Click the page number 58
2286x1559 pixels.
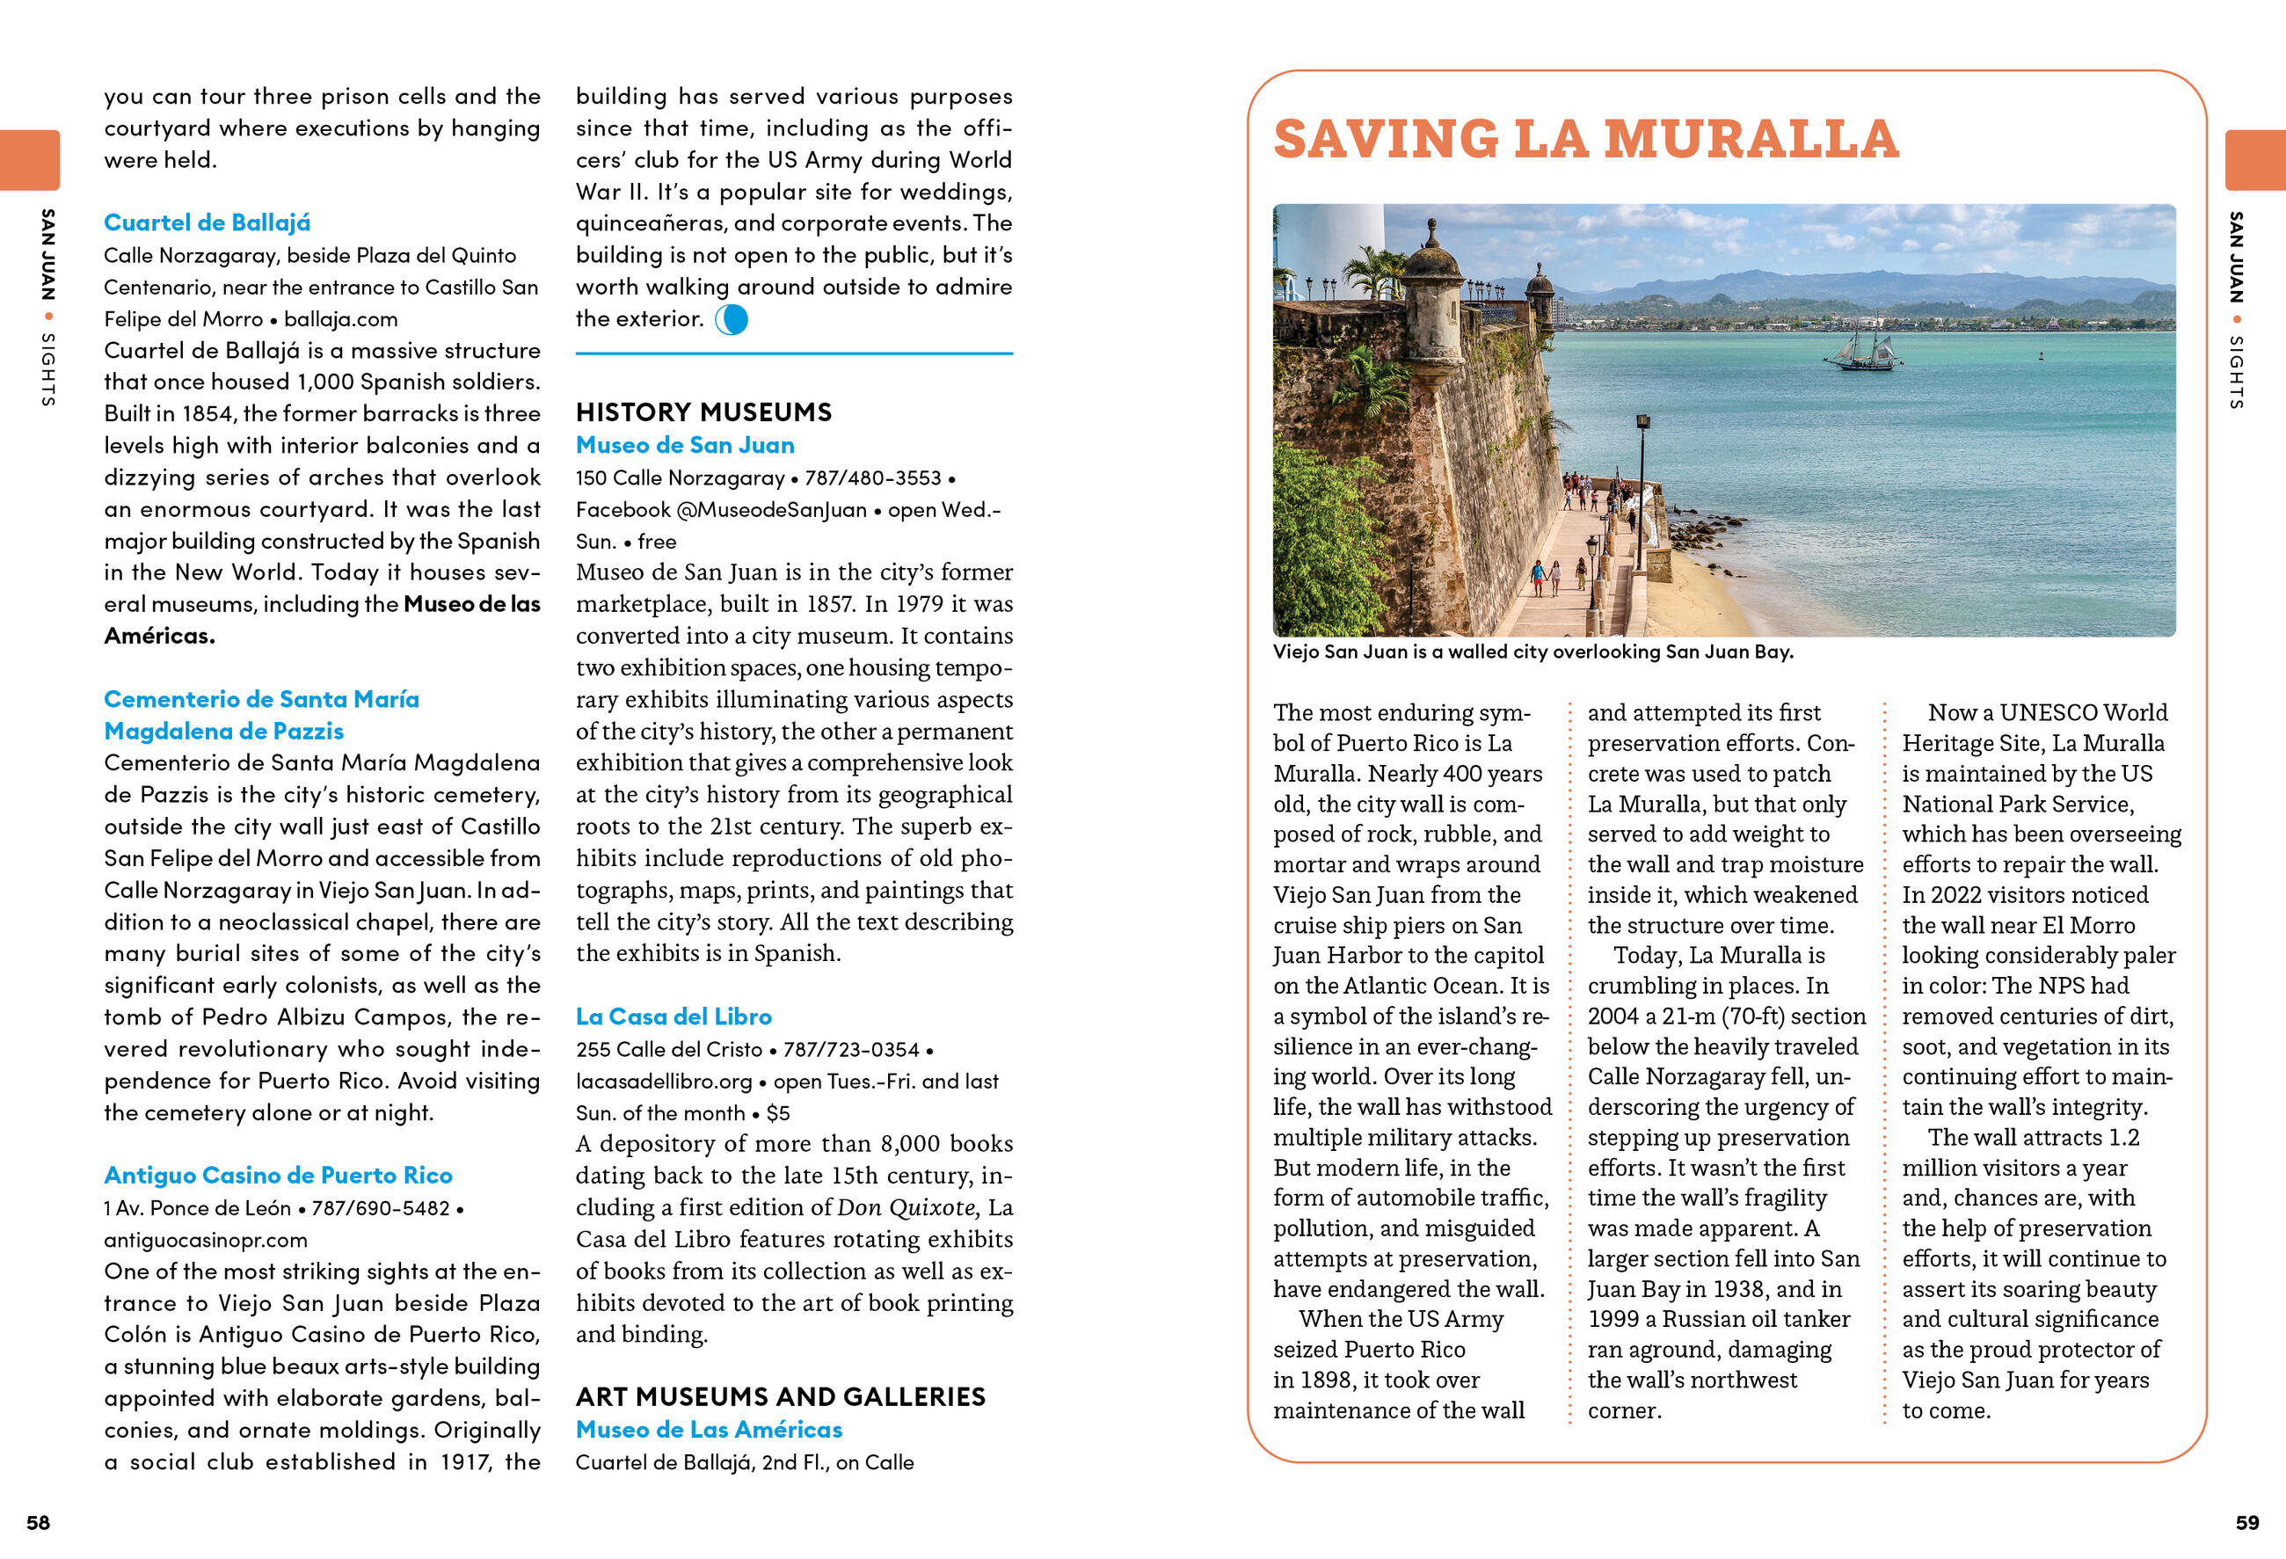pyautogui.click(x=38, y=1523)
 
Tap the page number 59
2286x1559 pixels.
pyautogui.click(x=2247, y=1523)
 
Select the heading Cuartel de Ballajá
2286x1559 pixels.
pyautogui.click(x=207, y=222)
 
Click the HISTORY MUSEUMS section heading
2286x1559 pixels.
pyautogui.click(x=703, y=412)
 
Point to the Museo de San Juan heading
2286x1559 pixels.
pyautogui.click(x=685, y=445)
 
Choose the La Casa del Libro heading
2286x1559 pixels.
pyautogui.click(x=673, y=1016)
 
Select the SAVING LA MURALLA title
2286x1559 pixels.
pyautogui.click(x=1585, y=139)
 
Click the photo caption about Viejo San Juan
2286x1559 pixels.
pyautogui.click(x=1532, y=652)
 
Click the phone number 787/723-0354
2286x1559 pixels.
pyautogui.click(x=851, y=1050)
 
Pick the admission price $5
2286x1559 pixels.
pyautogui.click(x=778, y=1112)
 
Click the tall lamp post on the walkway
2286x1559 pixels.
pyautogui.click(x=1642, y=472)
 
